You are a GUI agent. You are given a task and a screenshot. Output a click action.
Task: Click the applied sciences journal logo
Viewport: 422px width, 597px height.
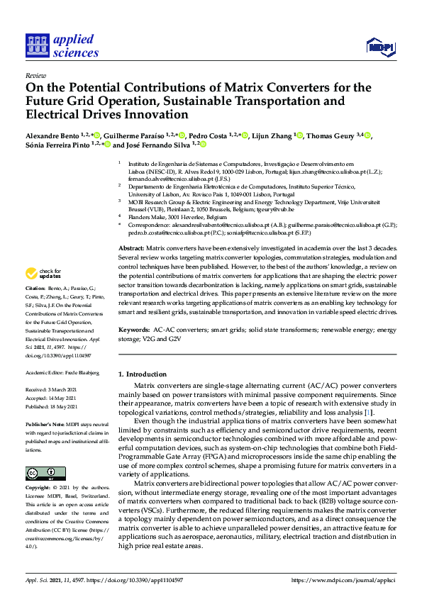pos(62,45)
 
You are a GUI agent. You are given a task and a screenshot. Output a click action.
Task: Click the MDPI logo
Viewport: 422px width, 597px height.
pos(379,47)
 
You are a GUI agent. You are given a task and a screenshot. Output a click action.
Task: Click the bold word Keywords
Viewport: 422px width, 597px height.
pos(134,330)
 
